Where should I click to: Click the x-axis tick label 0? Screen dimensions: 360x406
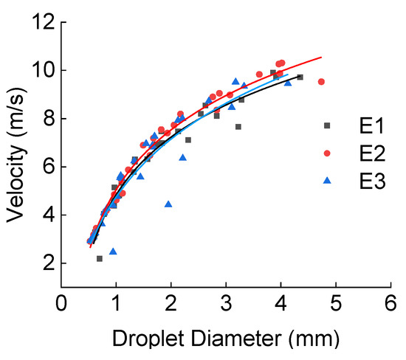tap(62, 304)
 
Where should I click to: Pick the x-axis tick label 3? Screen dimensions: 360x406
tap(227, 304)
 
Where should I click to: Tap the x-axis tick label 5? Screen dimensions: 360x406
tap(337, 304)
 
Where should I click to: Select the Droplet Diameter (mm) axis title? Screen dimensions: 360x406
tap(227, 339)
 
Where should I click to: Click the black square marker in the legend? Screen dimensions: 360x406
tap(327, 125)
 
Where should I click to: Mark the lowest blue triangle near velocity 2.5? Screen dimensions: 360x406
tap(113, 251)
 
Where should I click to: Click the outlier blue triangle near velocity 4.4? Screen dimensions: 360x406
tap(168, 204)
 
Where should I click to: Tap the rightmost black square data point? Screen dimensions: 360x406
tap(300, 77)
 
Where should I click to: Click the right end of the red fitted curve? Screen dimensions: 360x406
tap(321, 57)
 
